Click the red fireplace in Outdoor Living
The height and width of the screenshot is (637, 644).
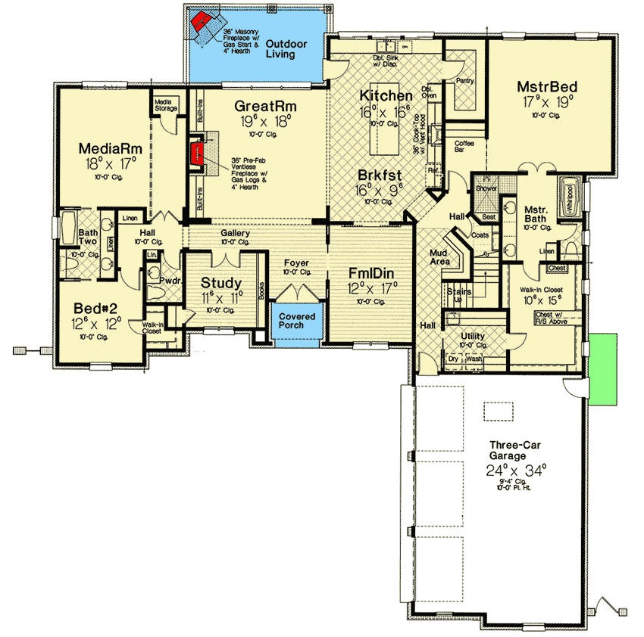tap(202, 23)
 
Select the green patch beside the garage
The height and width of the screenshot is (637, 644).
tap(602, 366)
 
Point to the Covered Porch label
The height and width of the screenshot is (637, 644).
tap(297, 321)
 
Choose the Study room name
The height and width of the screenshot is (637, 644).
tap(221, 283)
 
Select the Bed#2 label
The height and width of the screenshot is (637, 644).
tap(97, 308)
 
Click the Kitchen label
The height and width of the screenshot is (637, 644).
tap(386, 95)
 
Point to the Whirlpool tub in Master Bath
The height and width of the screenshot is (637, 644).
tap(567, 197)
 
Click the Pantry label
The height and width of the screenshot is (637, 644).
tap(464, 79)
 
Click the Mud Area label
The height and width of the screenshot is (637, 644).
tap(441, 257)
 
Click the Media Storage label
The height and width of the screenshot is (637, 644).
tap(166, 105)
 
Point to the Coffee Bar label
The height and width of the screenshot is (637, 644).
tap(464, 146)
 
